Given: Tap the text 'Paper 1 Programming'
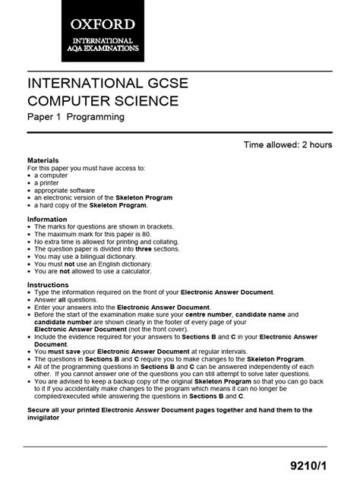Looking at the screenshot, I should pos(76,118).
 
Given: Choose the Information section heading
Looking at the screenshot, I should pos(47,219).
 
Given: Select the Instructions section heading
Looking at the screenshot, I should pos(48,285).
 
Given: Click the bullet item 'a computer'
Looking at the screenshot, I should pos(50,175).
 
